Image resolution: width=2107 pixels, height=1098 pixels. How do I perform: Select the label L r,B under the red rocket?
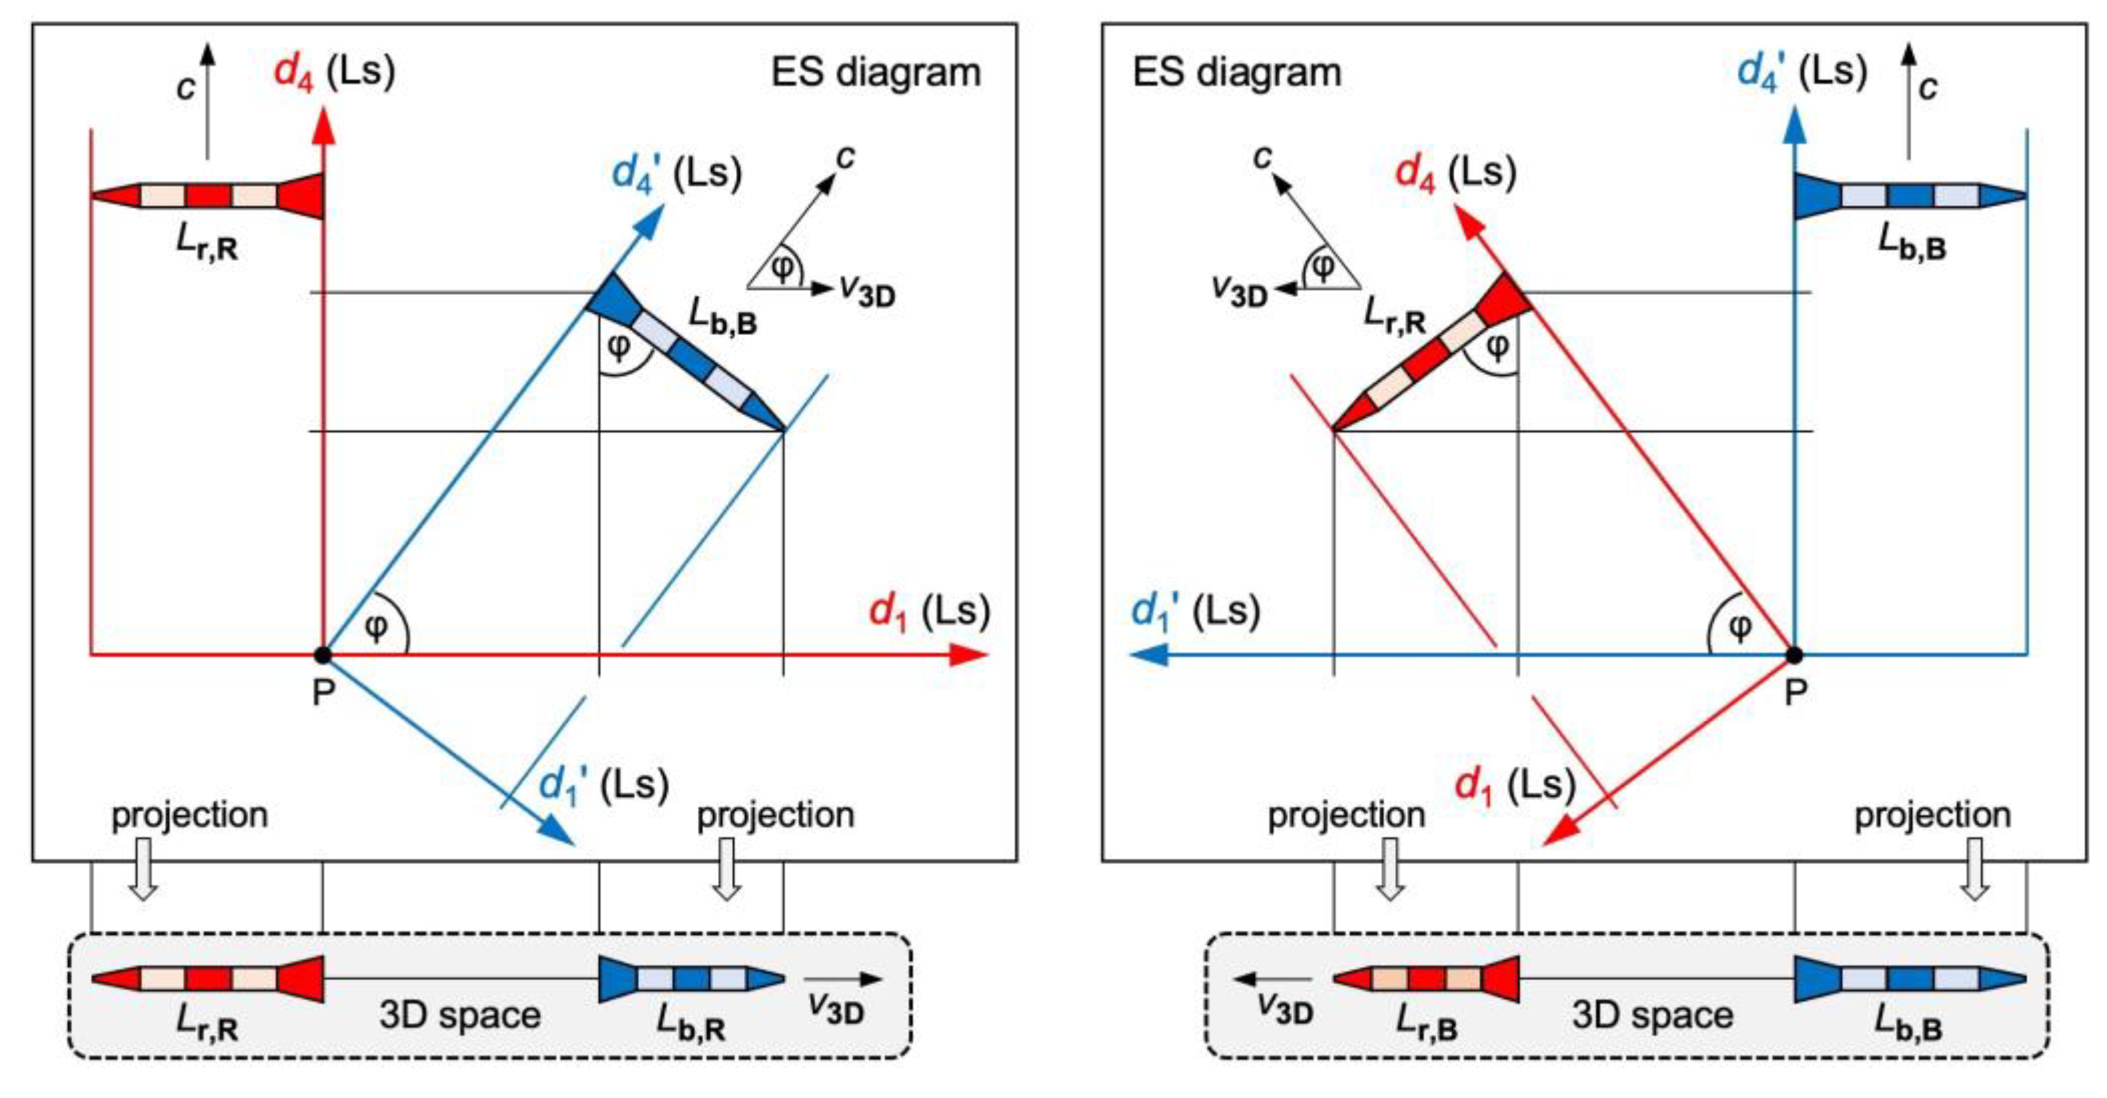tap(1426, 1022)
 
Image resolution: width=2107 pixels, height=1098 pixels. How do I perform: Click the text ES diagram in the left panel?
tap(875, 72)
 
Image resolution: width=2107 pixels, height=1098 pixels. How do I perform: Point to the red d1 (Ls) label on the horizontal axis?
tap(928, 612)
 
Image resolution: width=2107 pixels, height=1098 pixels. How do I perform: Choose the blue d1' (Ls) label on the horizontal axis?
tap(1195, 612)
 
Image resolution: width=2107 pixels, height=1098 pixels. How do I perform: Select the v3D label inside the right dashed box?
tap(1285, 1011)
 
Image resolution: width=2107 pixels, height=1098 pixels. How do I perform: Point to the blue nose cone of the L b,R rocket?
tap(765, 978)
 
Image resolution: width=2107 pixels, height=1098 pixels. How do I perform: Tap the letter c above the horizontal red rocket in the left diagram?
tap(187, 87)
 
